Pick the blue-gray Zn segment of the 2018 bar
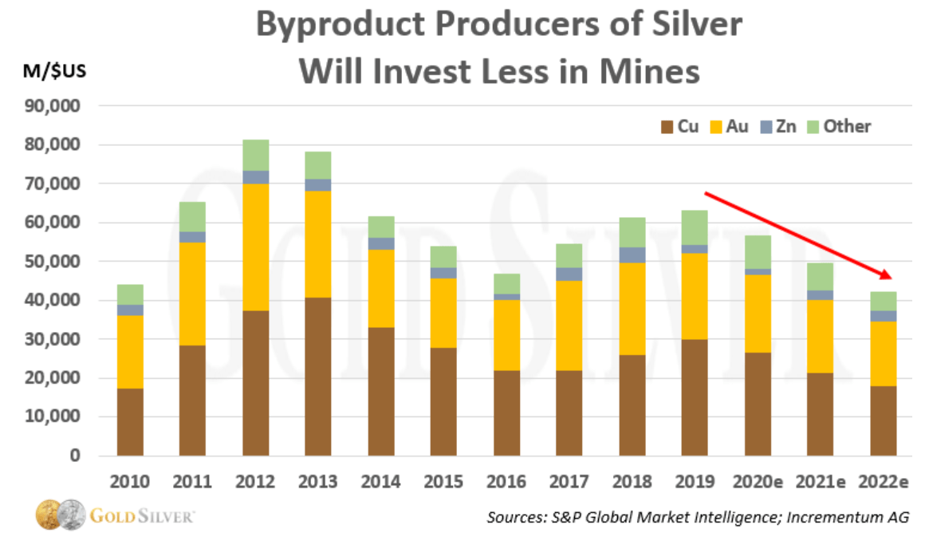click(633, 255)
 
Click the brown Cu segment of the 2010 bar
click(130, 421)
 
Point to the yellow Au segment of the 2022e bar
click(884, 353)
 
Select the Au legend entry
click(727, 126)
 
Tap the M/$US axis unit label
click(55, 71)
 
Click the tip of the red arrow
click(890, 278)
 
